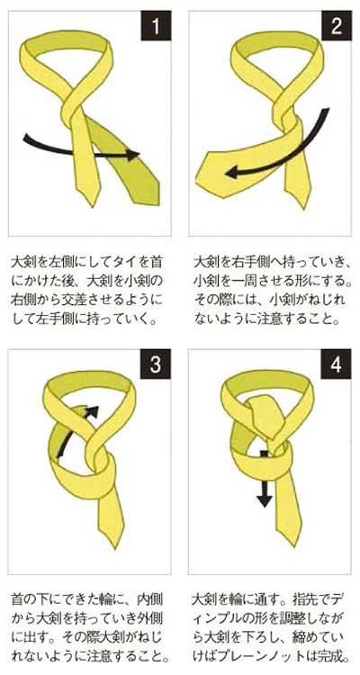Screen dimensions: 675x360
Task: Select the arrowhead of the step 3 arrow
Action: pos(89,411)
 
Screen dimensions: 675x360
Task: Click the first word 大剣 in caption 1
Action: pos(24,262)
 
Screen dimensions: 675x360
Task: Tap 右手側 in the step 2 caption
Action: pos(251,262)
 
